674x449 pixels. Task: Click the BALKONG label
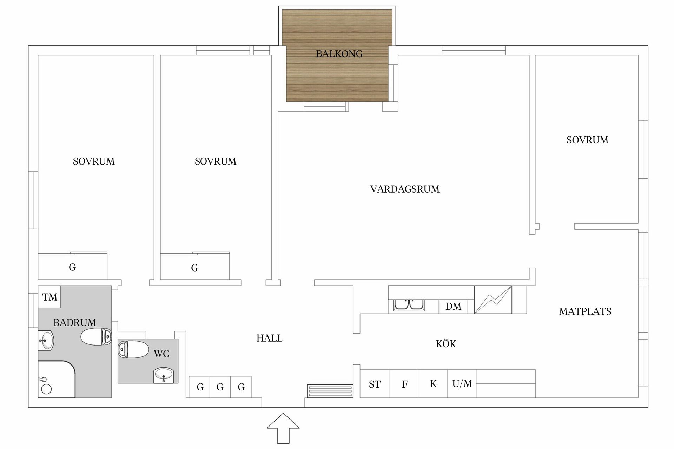(x=339, y=54)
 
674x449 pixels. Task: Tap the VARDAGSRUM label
(x=405, y=189)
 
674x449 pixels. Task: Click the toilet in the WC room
(x=133, y=349)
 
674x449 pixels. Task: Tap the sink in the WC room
(x=164, y=375)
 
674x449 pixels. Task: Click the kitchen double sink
(x=409, y=305)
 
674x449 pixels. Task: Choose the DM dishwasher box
(x=453, y=307)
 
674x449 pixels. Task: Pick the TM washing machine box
(x=49, y=297)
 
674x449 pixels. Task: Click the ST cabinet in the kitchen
(x=375, y=384)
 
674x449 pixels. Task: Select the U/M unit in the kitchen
(x=462, y=384)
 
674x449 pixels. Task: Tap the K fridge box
(x=433, y=384)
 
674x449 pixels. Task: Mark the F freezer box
(x=404, y=384)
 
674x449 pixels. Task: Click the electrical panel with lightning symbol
(x=493, y=300)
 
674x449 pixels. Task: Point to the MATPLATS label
(x=585, y=311)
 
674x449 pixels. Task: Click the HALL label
(x=269, y=338)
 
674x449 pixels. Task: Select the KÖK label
(x=446, y=344)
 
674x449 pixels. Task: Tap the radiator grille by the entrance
(x=330, y=391)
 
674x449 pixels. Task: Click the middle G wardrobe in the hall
(x=220, y=387)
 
